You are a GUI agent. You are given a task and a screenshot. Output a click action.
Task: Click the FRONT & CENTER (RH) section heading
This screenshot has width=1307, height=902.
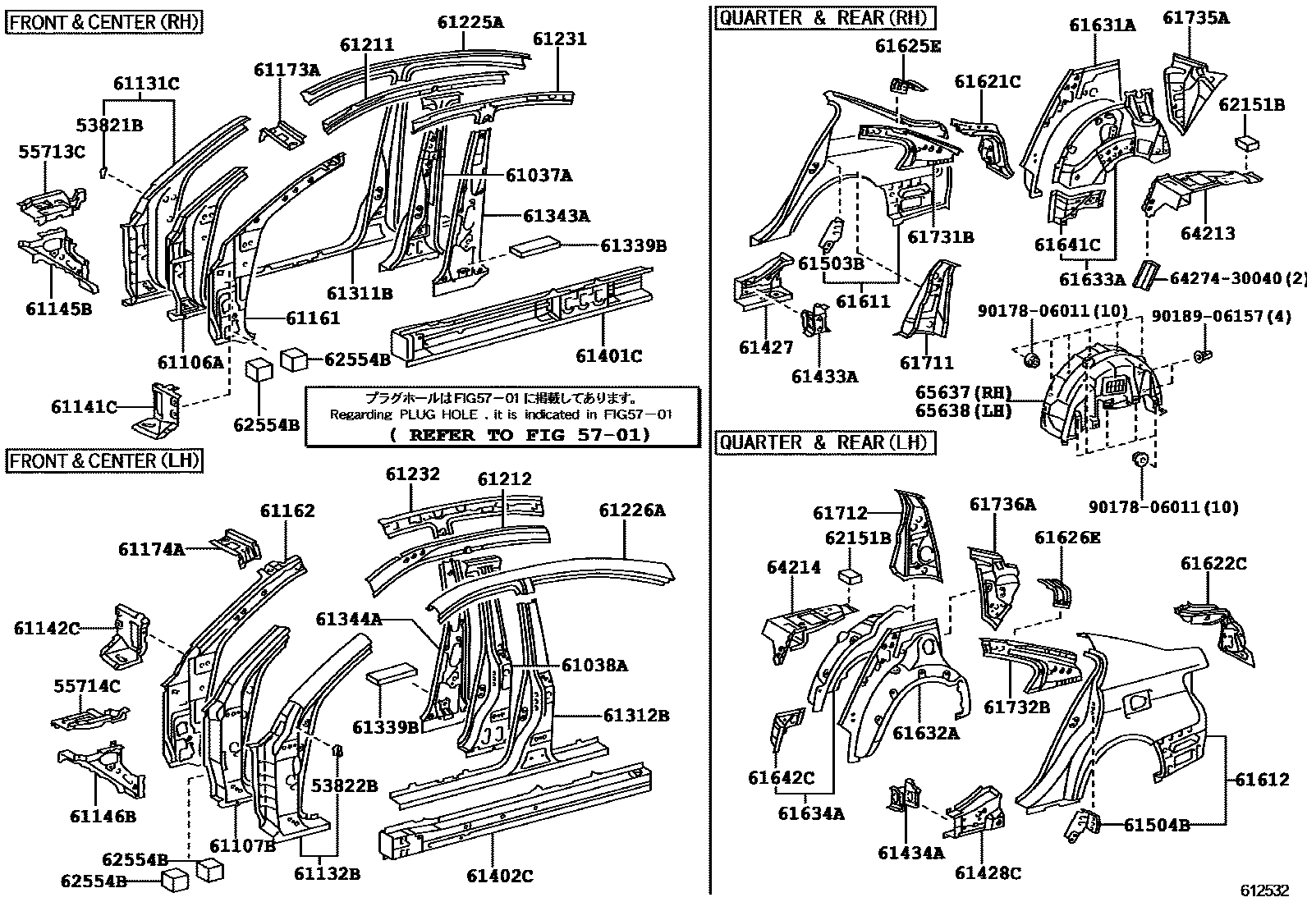(104, 21)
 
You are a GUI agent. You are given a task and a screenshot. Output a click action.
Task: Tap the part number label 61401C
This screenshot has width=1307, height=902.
(608, 355)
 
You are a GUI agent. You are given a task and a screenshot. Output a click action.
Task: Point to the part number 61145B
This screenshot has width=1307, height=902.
(58, 309)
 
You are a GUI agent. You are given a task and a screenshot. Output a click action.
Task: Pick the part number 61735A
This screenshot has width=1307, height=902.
(1196, 17)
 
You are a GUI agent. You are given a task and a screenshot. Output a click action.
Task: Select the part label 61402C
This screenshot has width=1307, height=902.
(500, 876)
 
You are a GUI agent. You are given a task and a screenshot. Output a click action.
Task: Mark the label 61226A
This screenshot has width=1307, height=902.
(631, 511)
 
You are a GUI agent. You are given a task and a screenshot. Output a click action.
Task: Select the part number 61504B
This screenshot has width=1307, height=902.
(1156, 825)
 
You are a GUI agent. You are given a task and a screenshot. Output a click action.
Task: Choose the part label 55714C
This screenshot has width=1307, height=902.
(87, 685)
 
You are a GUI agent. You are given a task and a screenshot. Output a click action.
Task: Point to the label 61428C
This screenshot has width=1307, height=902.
(988, 873)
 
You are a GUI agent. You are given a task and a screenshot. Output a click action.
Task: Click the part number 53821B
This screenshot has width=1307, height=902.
(109, 126)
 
